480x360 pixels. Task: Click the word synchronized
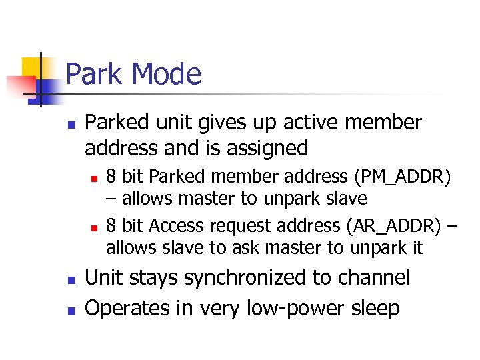tap(259, 277)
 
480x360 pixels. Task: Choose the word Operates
tap(126, 308)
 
